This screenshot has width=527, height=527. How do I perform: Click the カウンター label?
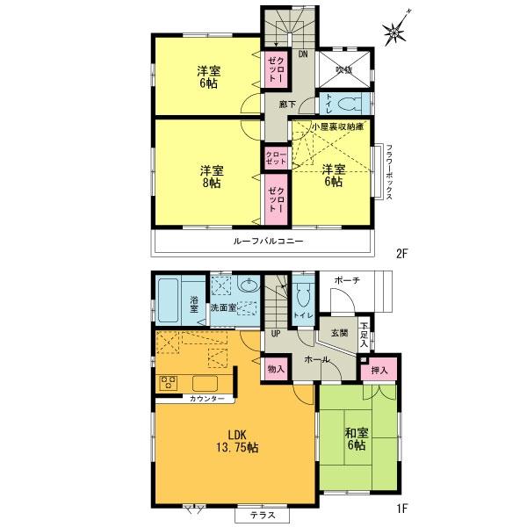[206, 399]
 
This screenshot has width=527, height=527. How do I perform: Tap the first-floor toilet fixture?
[301, 294]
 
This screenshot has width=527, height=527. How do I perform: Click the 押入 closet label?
[379, 372]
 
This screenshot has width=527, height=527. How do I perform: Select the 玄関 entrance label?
[340, 333]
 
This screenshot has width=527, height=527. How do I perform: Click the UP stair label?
[276, 334]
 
